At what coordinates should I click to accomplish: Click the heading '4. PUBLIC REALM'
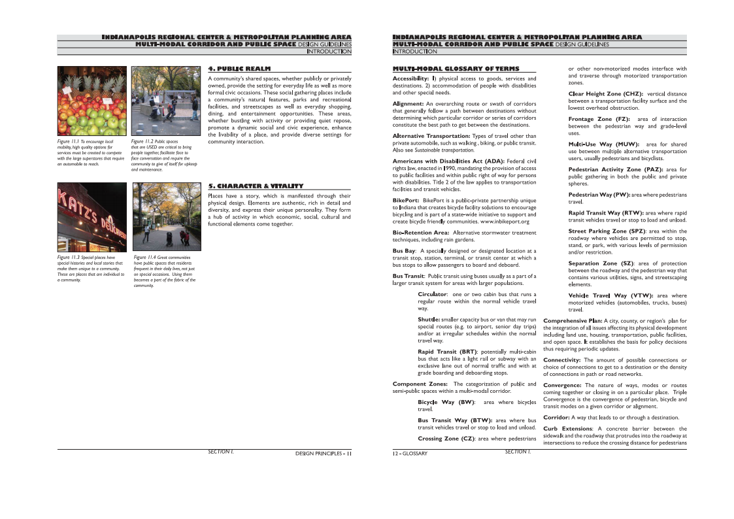(239, 68)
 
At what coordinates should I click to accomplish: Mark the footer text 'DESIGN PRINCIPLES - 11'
(323, 453)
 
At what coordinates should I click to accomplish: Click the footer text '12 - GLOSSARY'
(410, 453)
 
